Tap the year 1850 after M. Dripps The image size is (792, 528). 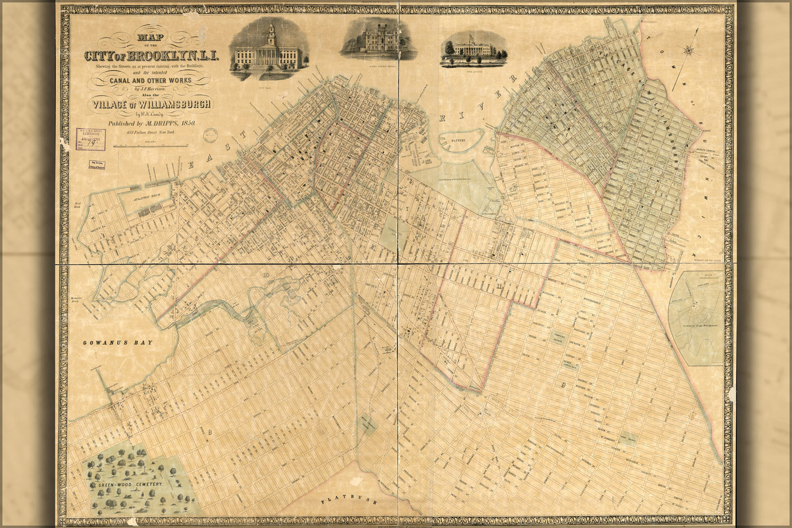[188, 123]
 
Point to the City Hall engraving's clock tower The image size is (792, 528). [271, 34]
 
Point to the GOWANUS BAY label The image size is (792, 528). [117, 343]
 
